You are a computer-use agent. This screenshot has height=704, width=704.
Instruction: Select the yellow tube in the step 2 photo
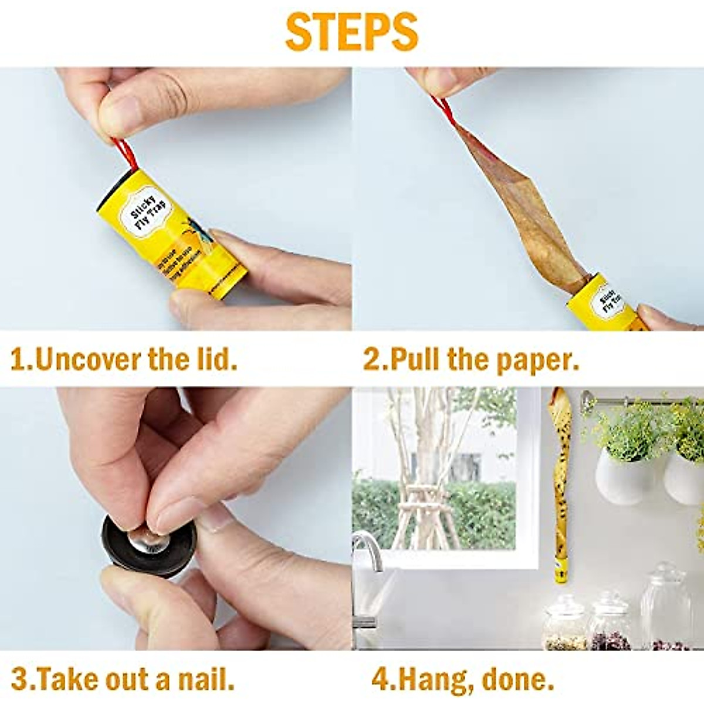tap(604, 305)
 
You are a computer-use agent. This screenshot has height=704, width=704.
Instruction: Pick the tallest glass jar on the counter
tap(665, 607)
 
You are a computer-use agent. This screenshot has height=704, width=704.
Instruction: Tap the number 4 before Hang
tap(380, 681)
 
